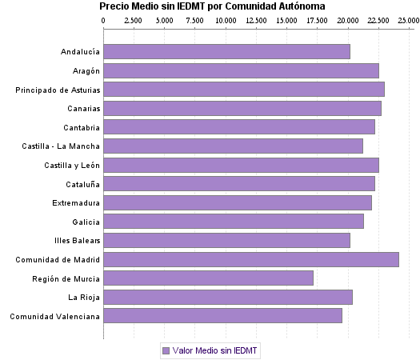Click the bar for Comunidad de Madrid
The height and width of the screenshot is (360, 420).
click(251, 259)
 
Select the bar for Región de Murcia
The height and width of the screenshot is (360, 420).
click(208, 278)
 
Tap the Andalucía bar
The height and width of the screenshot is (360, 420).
click(226, 52)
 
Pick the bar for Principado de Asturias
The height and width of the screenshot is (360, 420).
click(244, 89)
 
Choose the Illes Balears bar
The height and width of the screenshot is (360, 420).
click(226, 240)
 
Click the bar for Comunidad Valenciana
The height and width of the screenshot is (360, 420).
click(222, 316)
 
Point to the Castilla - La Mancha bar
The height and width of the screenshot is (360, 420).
click(233, 146)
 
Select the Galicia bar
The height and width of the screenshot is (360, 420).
click(234, 221)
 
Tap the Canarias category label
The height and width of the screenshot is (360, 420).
click(83, 108)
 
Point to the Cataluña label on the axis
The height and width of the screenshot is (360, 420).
click(82, 183)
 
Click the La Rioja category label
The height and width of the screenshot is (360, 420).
click(84, 297)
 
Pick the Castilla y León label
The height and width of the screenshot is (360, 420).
click(72, 165)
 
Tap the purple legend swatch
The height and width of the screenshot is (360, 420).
click(166, 350)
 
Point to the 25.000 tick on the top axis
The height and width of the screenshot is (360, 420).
click(408, 19)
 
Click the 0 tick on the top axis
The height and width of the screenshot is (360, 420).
click(104, 19)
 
